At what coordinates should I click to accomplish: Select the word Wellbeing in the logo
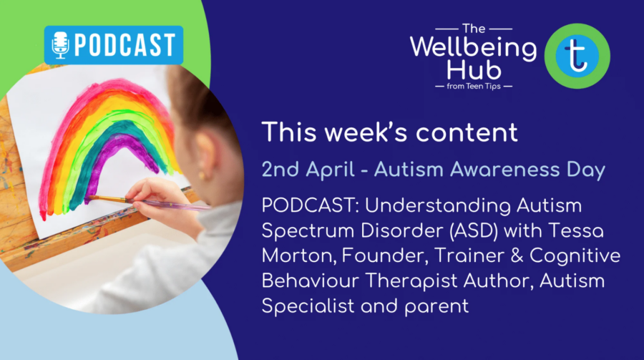tap(474, 49)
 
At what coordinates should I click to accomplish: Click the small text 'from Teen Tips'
tap(474, 87)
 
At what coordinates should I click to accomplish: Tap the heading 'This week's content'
tap(389, 132)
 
